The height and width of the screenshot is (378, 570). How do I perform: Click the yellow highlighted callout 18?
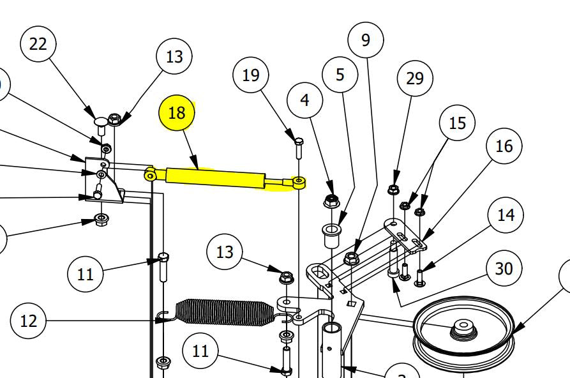coord(176,113)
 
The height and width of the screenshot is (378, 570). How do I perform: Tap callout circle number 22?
coord(38,44)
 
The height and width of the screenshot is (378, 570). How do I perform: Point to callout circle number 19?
coord(251,75)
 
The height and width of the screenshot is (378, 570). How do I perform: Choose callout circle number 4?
coord(304,100)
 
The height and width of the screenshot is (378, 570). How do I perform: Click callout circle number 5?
coord(340,75)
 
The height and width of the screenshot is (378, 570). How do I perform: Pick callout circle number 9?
coord(365,40)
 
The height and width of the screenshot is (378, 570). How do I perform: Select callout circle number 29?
coord(414,79)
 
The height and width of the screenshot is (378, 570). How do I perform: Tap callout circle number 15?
coord(457,123)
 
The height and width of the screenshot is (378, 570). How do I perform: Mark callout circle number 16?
coord(504,146)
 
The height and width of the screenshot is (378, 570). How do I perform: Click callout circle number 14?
coord(506,215)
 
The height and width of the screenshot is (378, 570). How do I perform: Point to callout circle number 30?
coord(504,269)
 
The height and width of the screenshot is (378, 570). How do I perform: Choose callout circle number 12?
coord(29,321)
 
